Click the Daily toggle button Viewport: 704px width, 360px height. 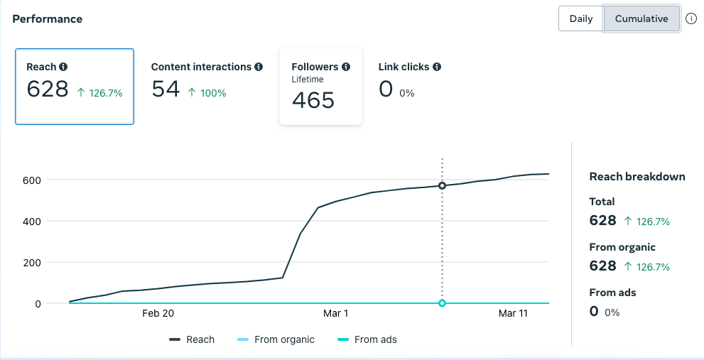pyautogui.click(x=581, y=19)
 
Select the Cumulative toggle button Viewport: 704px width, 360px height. pyautogui.click(x=641, y=19)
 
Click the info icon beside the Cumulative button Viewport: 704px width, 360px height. pyautogui.click(x=691, y=19)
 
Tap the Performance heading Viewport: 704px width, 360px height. pyautogui.click(x=48, y=19)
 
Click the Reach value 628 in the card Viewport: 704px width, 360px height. pyautogui.click(x=48, y=89)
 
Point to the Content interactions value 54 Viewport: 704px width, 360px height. pyautogui.click(x=166, y=89)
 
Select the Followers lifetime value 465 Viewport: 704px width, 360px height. pyautogui.click(x=313, y=100)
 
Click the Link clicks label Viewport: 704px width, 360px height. pyautogui.click(x=404, y=67)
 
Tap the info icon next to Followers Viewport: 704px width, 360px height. pyautogui.click(x=346, y=67)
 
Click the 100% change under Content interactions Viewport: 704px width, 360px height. pyautogui.click(x=207, y=93)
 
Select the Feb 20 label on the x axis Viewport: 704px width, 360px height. pyautogui.click(x=158, y=313)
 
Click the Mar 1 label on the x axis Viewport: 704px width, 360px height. pyautogui.click(x=335, y=313)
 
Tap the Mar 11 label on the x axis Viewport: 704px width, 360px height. pyautogui.click(x=514, y=313)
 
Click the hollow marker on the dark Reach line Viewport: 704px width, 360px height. pyautogui.click(x=442, y=186)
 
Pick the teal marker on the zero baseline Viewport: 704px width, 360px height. pyautogui.click(x=442, y=303)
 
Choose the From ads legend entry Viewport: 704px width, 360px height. pyautogui.click(x=367, y=339)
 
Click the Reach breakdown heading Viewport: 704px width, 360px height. pyautogui.click(x=637, y=177)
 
